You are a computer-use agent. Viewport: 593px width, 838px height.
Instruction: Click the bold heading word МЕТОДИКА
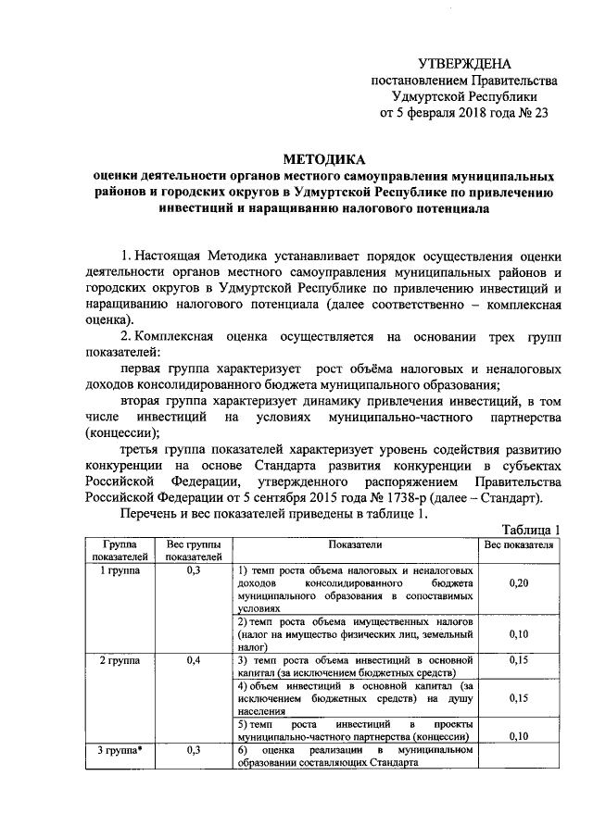point(323,158)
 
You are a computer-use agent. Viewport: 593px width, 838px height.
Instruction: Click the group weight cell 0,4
point(194,659)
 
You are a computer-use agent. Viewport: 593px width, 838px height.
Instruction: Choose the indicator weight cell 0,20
point(519,585)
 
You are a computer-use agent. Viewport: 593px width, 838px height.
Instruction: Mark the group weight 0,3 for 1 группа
point(194,571)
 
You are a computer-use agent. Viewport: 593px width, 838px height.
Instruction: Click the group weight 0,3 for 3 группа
point(194,748)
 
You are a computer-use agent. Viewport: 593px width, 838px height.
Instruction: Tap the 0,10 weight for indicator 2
point(519,634)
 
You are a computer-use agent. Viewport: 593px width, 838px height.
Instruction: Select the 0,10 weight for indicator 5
point(519,735)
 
